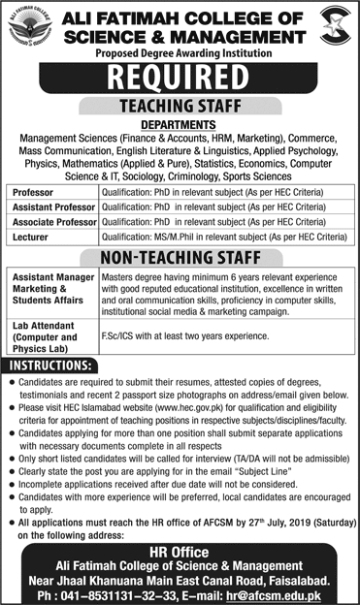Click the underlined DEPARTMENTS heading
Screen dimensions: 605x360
[x=180, y=123]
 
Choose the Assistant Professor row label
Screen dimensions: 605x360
[x=54, y=207]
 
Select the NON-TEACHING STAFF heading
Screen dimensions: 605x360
[x=180, y=256]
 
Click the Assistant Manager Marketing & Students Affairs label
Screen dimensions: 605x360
[x=53, y=287]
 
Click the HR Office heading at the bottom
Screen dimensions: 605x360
[x=180, y=549]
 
